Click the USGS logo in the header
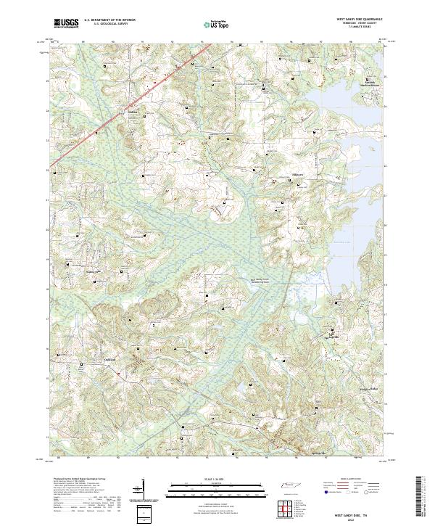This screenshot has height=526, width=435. point(65,24)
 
